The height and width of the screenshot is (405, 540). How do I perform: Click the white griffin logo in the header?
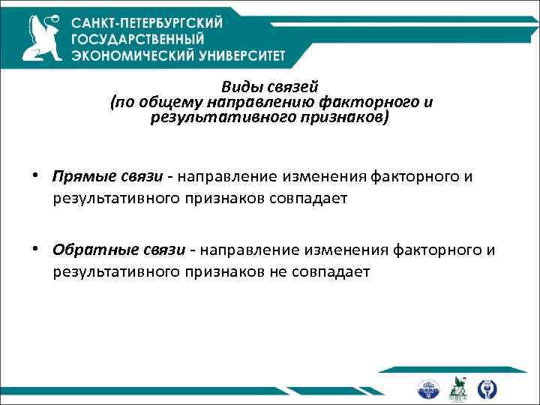tap(42, 37)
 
